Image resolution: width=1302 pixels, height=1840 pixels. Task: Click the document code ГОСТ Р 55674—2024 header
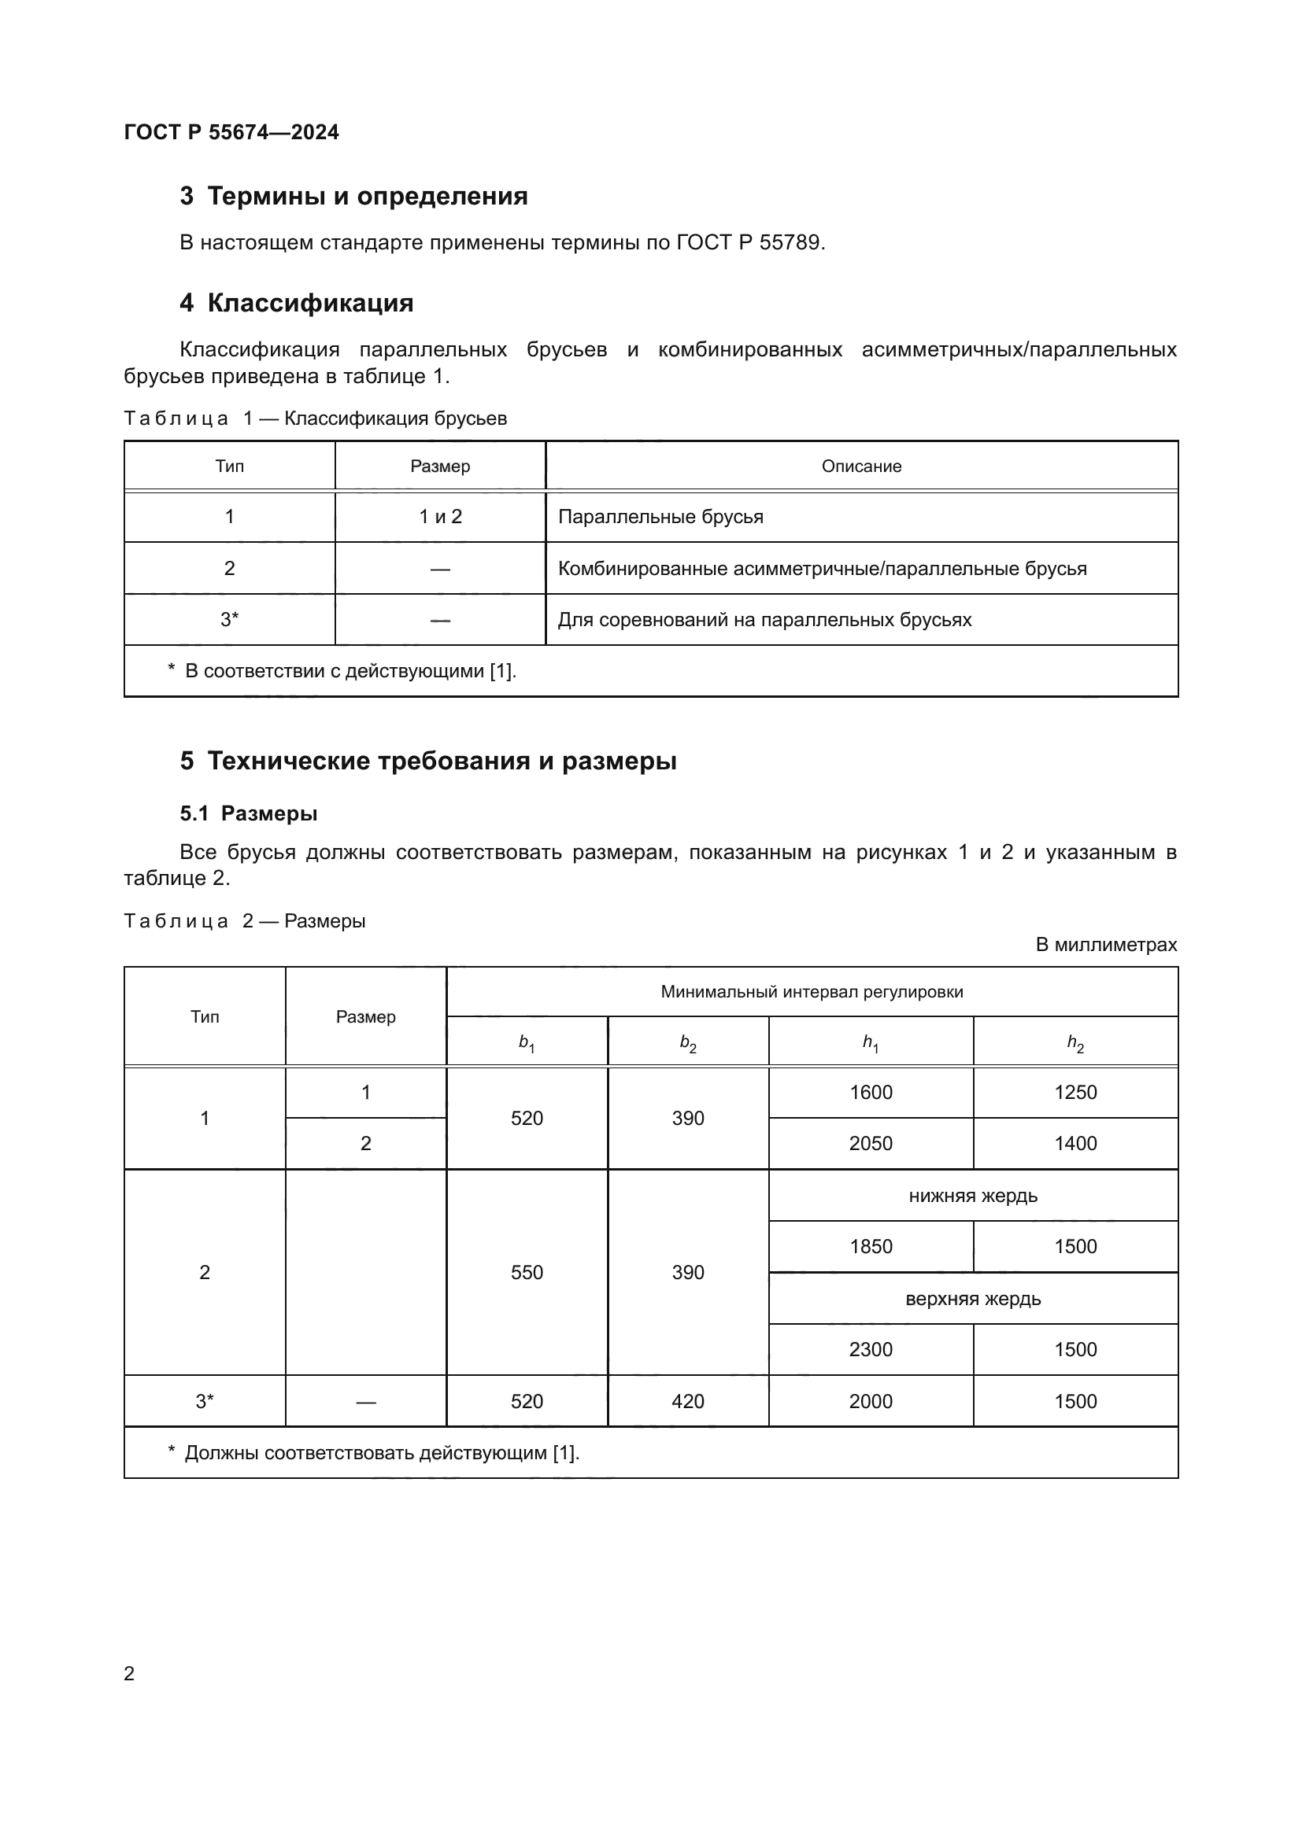231,132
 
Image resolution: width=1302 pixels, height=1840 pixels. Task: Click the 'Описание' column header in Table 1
861,466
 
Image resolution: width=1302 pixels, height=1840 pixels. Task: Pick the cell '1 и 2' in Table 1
440,517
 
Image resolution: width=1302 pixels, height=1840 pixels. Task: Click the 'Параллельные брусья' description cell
660,517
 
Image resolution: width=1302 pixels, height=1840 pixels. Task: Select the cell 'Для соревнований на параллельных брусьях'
764,619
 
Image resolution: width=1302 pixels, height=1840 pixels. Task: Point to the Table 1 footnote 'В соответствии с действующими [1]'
350,671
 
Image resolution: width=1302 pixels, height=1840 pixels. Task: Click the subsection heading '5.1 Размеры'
249,813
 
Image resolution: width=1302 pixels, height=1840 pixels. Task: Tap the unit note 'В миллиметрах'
1105,945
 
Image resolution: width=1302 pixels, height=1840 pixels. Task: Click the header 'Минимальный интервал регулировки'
812,992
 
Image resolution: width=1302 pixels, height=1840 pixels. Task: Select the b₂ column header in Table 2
688,1042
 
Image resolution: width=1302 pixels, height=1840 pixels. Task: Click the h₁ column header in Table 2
871,1042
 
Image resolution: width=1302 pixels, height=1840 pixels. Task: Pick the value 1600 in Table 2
871,1093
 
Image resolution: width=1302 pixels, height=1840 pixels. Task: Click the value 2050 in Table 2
871,1144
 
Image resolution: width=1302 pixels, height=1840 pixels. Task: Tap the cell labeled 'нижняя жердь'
972,1196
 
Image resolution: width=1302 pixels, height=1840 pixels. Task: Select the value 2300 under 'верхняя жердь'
871,1350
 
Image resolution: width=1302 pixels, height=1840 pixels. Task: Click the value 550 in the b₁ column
527,1273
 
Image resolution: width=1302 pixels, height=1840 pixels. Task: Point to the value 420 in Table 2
688,1402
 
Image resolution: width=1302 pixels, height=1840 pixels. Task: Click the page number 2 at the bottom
129,1673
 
